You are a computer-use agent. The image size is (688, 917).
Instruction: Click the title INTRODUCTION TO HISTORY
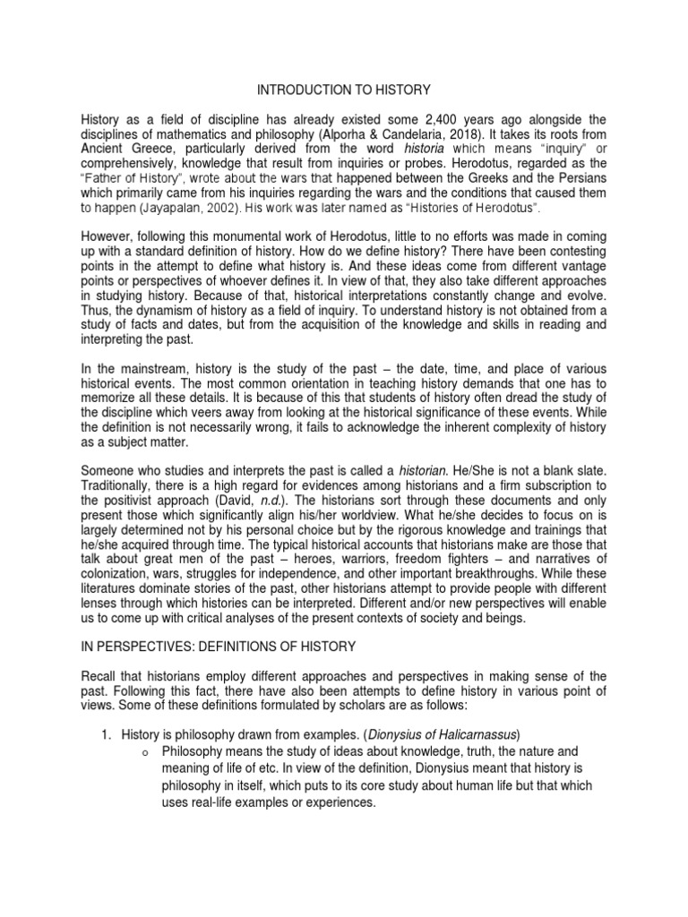[344, 90]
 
